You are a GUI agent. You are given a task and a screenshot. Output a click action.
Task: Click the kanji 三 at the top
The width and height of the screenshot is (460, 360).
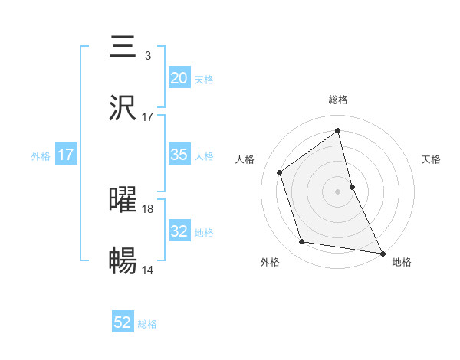pyautogui.click(x=123, y=46)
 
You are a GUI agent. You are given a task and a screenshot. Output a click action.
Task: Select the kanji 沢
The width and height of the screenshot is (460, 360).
pyautogui.click(x=123, y=108)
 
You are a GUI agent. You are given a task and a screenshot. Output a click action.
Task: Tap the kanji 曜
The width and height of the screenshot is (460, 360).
pyautogui.click(x=123, y=199)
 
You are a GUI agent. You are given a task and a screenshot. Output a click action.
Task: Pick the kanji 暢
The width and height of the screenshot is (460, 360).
pyautogui.click(x=123, y=261)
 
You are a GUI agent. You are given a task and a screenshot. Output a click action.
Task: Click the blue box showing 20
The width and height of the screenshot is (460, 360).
pyautogui.click(x=179, y=78)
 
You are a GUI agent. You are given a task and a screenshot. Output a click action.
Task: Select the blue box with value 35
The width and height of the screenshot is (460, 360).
pyautogui.click(x=179, y=155)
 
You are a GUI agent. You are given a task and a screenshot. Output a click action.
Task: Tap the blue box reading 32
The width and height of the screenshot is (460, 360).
pyautogui.click(x=179, y=231)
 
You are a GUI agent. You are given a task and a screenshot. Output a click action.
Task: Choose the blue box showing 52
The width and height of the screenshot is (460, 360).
pyautogui.click(x=123, y=323)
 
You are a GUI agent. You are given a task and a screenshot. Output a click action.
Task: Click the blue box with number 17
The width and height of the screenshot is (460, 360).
pyautogui.click(x=66, y=155)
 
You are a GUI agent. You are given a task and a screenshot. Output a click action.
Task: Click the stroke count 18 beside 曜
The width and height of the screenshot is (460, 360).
pyautogui.click(x=148, y=208)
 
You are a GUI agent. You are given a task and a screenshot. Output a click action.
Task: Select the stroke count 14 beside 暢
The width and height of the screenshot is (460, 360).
pyautogui.click(x=148, y=270)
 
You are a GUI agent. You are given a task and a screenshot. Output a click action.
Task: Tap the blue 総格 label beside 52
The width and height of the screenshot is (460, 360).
pyautogui.click(x=147, y=324)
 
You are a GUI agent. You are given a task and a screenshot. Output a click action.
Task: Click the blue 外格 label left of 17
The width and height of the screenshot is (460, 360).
pyautogui.click(x=41, y=155)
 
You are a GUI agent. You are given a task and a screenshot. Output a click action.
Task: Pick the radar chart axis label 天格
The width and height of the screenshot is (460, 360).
pyautogui.click(x=431, y=159)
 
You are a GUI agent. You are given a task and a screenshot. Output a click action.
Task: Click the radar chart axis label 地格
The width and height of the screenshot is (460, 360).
pyautogui.click(x=402, y=262)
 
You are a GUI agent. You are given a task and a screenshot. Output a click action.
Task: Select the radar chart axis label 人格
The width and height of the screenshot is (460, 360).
pyautogui.click(x=245, y=159)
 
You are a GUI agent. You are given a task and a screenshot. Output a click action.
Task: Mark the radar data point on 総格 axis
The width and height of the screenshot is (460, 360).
pyautogui.click(x=337, y=130)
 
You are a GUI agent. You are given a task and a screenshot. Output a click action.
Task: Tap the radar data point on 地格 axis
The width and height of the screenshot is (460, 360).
pyautogui.click(x=382, y=252)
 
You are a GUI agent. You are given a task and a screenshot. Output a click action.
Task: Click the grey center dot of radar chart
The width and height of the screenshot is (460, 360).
pyautogui.click(x=337, y=191)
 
